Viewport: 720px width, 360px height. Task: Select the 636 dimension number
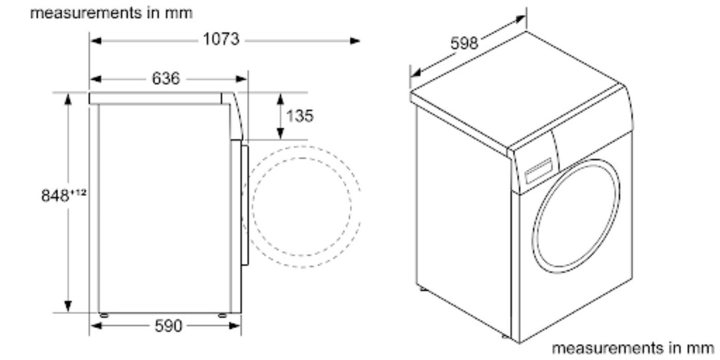(x=166, y=79)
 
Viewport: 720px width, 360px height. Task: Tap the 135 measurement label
(x=299, y=116)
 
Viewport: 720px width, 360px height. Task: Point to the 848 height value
(x=55, y=195)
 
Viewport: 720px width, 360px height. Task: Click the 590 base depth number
(x=169, y=326)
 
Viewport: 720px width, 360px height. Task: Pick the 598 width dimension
(x=464, y=43)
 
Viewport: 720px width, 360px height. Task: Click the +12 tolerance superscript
(x=78, y=192)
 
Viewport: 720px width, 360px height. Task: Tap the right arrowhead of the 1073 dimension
(x=355, y=41)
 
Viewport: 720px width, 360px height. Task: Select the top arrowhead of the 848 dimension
(x=68, y=99)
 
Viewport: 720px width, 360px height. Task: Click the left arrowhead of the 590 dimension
(x=97, y=326)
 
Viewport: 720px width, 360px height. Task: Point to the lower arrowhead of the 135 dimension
(x=280, y=133)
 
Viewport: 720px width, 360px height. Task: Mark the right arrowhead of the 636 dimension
(x=242, y=79)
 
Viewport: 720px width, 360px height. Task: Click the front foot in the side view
(x=222, y=316)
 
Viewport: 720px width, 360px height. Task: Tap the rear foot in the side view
(x=104, y=316)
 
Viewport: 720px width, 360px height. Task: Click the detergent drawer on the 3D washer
(x=538, y=170)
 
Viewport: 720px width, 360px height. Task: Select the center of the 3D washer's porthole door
(x=576, y=216)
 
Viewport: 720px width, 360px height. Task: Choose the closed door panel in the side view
(x=245, y=205)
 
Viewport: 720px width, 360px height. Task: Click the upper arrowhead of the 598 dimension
(x=520, y=19)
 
